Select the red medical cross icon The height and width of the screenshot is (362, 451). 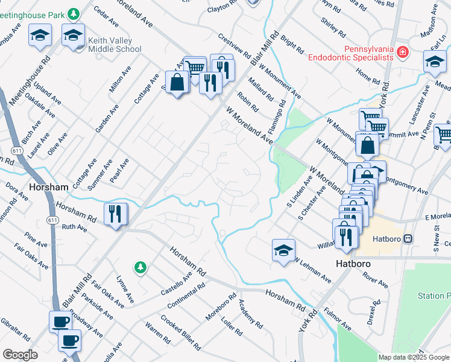402,54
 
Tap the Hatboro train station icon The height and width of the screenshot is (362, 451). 408,238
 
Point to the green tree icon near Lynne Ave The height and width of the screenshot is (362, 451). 140,267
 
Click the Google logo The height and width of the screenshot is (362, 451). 20,355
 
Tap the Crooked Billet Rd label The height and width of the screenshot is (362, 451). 180,332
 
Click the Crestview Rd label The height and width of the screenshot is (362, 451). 235,45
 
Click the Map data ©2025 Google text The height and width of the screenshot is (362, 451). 414,357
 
